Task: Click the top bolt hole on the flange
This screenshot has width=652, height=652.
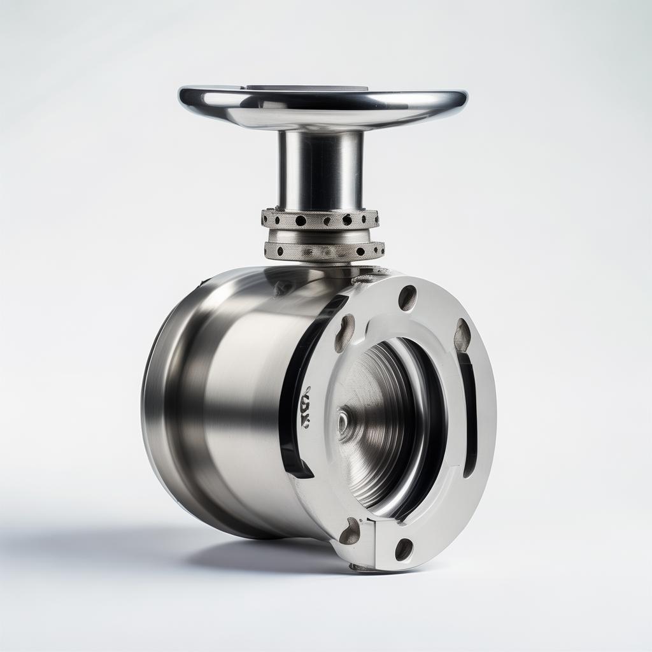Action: click(407, 297)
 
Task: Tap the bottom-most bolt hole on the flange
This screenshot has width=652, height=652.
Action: click(404, 549)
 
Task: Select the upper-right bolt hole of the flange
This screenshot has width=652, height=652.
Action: click(462, 334)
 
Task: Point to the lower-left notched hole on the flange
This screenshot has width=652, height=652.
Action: click(350, 531)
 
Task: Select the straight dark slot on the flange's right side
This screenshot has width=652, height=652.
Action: click(468, 414)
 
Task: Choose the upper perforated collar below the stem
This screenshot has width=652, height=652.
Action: click(320, 220)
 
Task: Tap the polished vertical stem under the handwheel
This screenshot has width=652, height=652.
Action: click(320, 169)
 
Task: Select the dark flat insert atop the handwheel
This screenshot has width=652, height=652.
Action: click(306, 88)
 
